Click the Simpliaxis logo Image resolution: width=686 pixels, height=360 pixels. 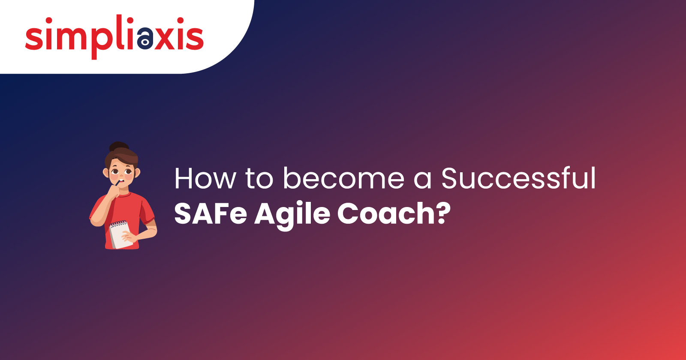tap(114, 36)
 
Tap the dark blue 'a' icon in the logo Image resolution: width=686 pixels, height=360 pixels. tap(145, 37)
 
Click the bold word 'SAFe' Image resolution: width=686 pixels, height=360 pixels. tap(210, 213)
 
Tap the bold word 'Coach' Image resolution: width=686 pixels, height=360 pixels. tap(386, 213)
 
